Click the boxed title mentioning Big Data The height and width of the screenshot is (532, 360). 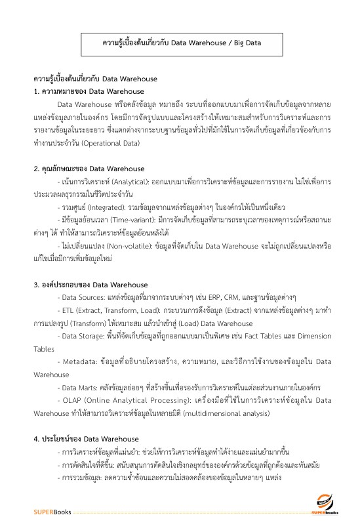coord(182,43)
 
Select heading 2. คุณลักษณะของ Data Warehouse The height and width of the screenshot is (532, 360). coord(89,169)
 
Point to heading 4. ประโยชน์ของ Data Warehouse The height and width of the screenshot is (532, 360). coord(87,438)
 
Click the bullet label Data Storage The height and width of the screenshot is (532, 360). coord(83,335)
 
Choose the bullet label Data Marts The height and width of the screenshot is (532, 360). coord(79,387)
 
